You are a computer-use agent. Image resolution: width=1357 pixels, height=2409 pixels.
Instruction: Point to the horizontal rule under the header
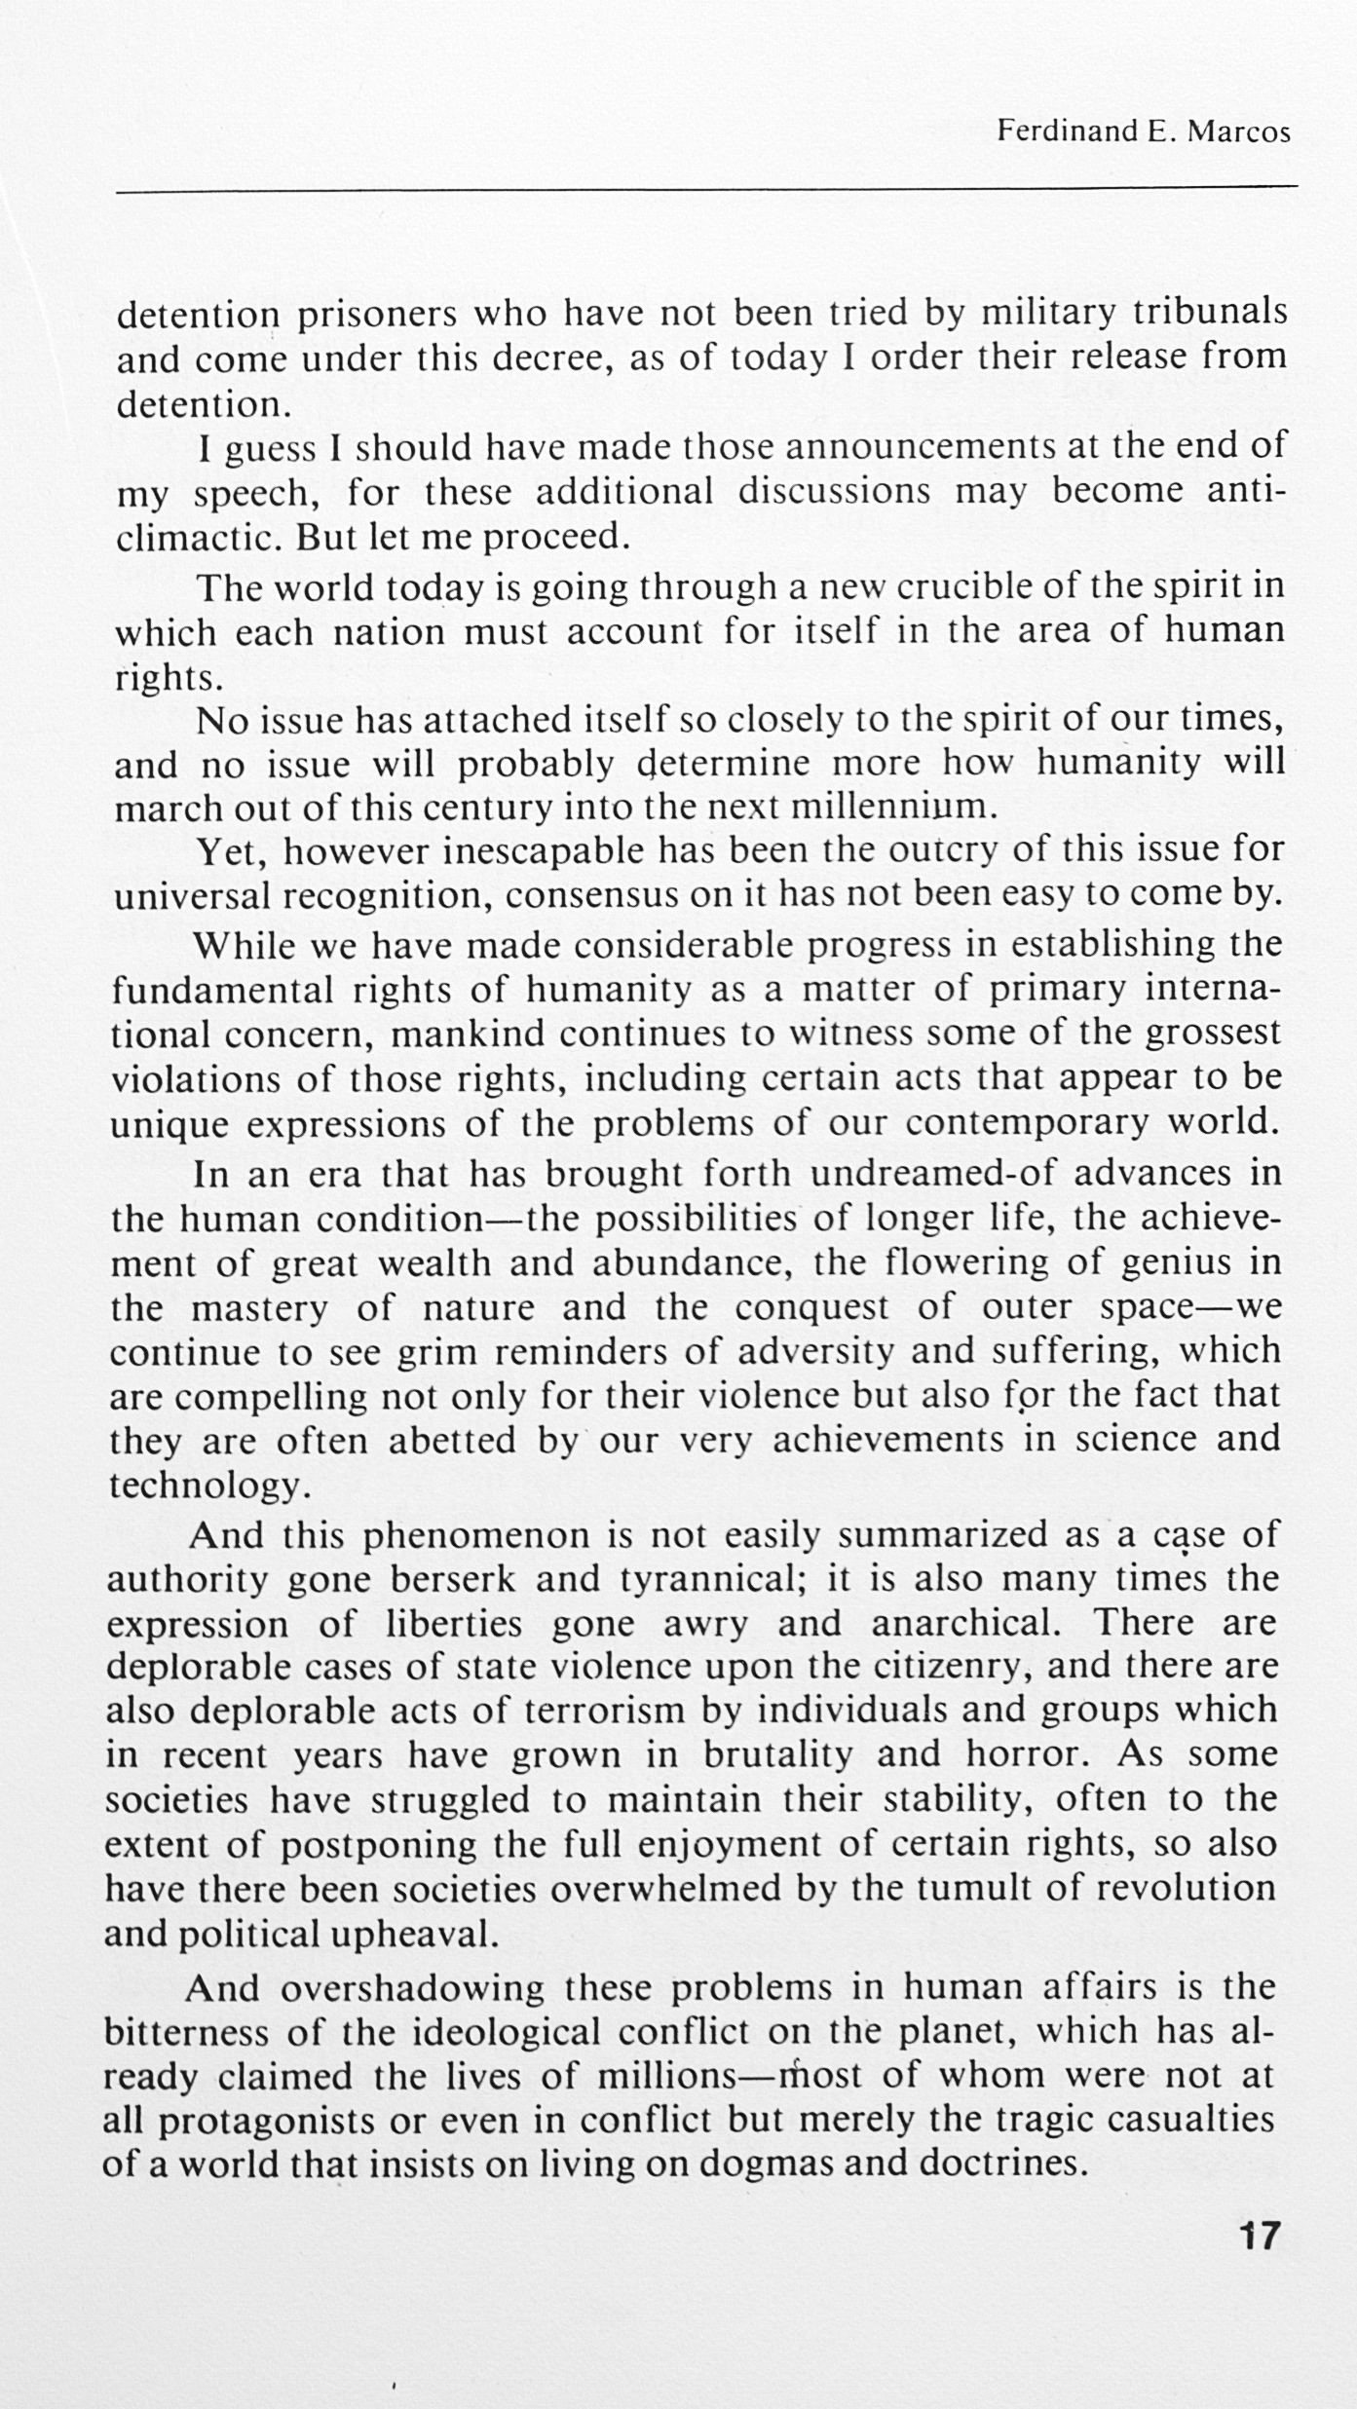pyautogui.click(x=706, y=187)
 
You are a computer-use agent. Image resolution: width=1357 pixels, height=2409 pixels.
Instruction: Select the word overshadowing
pyautogui.click(x=411, y=1987)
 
